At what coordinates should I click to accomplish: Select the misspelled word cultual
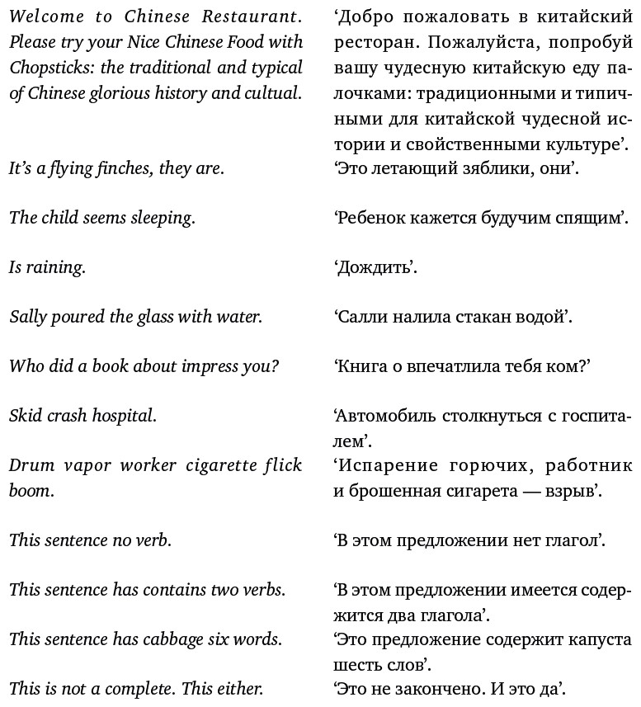(x=271, y=93)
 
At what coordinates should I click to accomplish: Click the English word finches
(x=125, y=168)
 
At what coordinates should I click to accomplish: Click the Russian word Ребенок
(x=370, y=219)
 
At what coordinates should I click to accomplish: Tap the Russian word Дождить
(x=376, y=268)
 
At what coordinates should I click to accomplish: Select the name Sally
(x=27, y=317)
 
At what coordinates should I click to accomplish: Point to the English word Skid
(x=26, y=416)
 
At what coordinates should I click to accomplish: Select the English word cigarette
(x=225, y=465)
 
